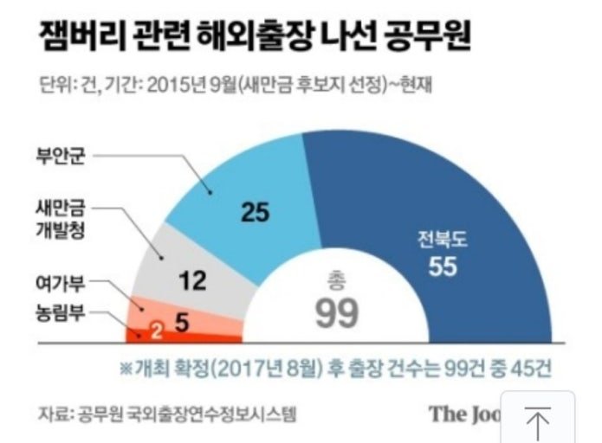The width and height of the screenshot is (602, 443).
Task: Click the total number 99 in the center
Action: click(336, 314)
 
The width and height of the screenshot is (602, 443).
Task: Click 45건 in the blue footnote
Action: click(528, 368)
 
